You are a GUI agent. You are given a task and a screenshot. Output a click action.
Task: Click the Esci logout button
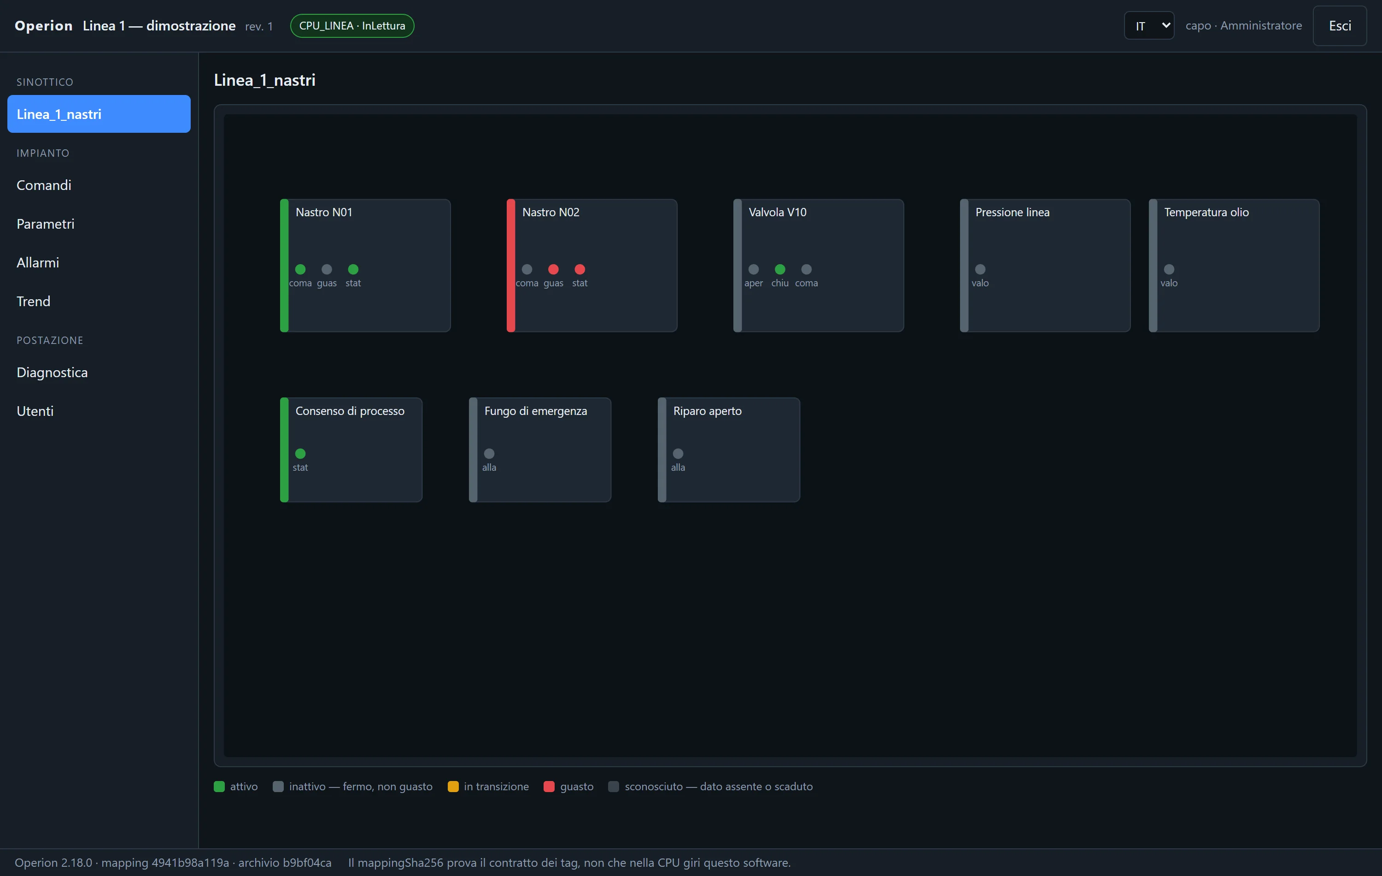[1340, 26]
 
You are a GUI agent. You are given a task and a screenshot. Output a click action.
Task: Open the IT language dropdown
[1149, 26]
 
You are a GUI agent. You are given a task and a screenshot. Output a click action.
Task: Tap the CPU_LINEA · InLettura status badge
[352, 26]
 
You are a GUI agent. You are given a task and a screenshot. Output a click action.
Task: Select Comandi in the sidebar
[44, 185]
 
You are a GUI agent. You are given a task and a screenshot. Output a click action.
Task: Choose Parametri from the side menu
[45, 224]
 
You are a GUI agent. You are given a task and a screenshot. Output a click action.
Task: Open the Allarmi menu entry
[38, 262]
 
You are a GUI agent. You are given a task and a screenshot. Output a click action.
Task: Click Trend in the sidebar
[33, 301]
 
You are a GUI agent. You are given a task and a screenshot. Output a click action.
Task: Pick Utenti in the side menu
[35, 411]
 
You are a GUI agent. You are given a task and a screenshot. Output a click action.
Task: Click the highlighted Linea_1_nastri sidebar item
[99, 114]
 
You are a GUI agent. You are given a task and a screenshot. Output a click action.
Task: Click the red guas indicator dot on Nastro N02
[553, 269]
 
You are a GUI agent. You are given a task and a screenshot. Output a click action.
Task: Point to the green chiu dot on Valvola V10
[780, 269]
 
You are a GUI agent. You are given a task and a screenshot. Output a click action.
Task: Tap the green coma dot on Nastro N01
[300, 269]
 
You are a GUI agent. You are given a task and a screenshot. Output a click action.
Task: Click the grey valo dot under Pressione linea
[980, 269]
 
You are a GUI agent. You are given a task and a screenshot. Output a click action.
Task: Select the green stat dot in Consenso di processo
[300, 454]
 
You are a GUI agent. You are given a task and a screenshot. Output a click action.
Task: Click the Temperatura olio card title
[1206, 212]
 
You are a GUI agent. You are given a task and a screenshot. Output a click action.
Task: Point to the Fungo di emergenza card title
[535, 411]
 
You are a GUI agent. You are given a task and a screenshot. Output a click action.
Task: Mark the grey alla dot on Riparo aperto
[678, 454]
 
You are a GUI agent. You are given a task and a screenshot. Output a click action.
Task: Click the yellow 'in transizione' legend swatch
[453, 787]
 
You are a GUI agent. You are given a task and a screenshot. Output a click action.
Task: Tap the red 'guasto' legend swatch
[549, 787]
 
